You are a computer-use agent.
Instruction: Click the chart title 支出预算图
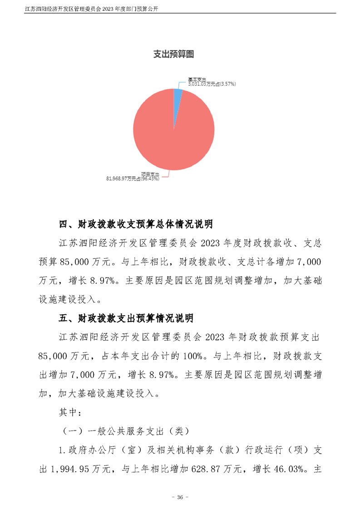174,54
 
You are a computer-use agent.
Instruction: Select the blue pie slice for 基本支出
178,94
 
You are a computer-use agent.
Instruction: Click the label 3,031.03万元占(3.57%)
211,84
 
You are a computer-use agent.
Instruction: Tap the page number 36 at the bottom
180,497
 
